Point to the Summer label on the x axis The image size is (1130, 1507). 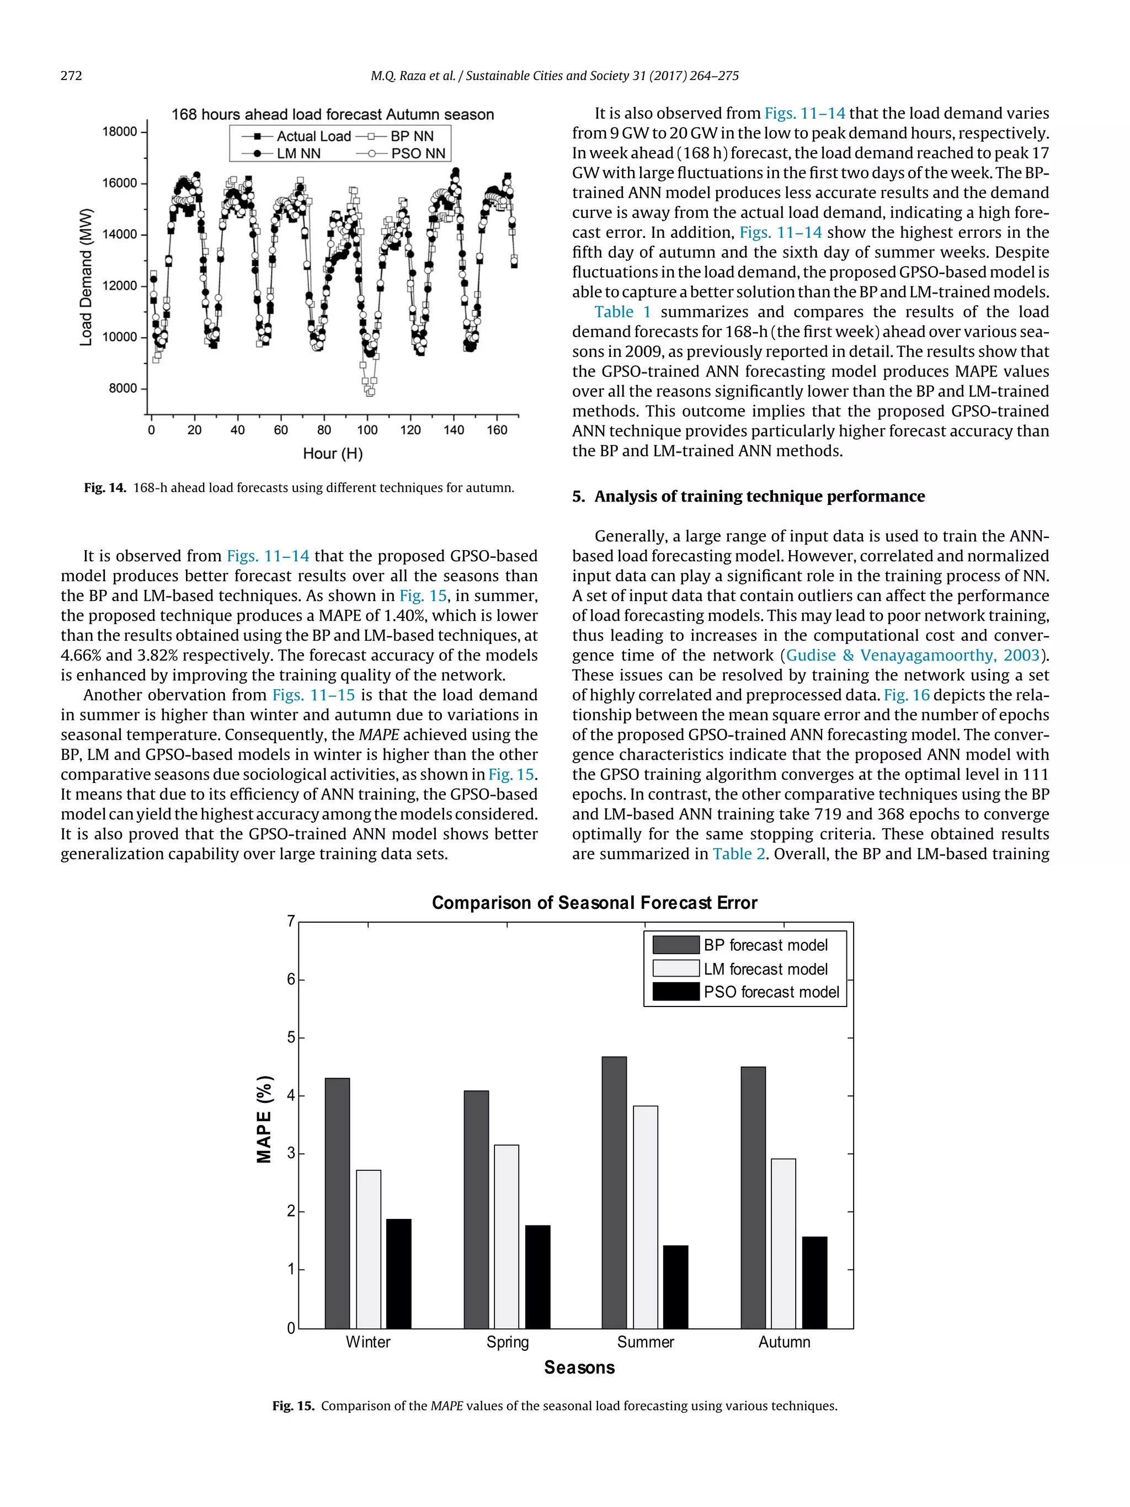click(x=645, y=1341)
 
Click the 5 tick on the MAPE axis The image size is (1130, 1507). click(x=291, y=1037)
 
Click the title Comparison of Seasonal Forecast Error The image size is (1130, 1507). click(x=594, y=903)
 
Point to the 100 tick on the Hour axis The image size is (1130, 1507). click(x=367, y=430)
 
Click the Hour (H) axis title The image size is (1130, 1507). click(x=332, y=453)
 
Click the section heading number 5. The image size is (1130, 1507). click(x=578, y=497)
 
